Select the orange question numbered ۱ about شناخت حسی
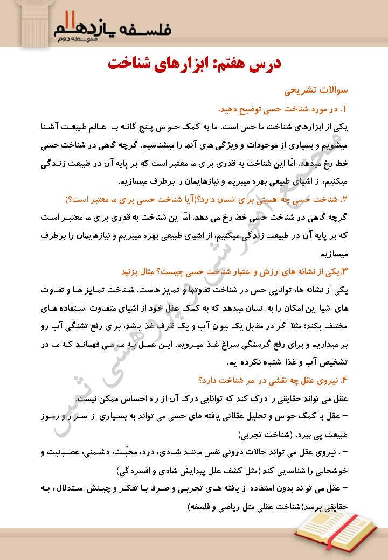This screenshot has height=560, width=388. click(x=281, y=110)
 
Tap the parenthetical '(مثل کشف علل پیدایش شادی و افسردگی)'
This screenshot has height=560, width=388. click(x=199, y=470)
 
